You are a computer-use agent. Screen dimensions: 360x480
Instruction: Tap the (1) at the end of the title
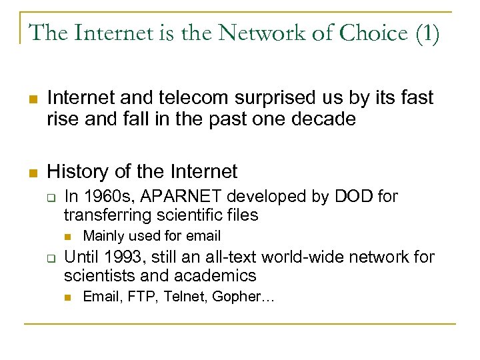(426, 33)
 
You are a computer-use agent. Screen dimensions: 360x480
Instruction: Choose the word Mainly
(104, 235)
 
